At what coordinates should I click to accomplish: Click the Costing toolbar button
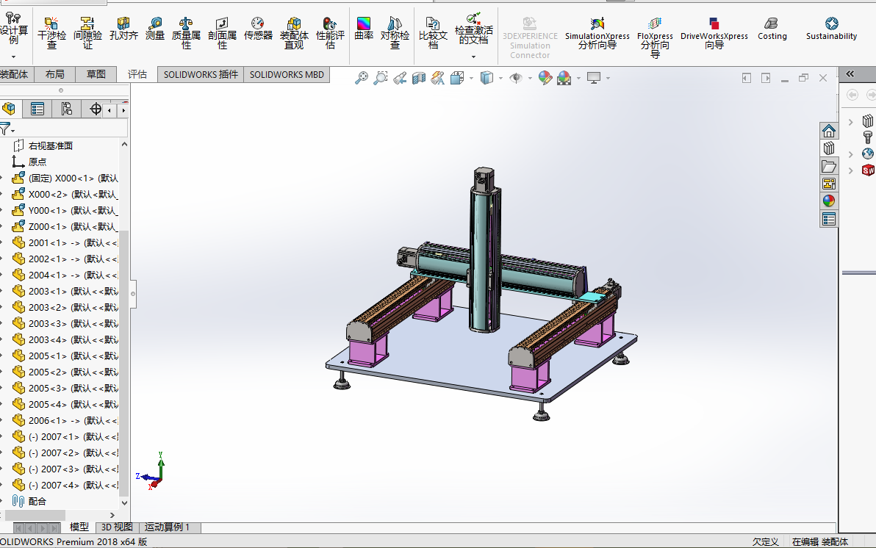pyautogui.click(x=772, y=29)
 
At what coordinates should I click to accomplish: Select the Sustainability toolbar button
pyautogui.click(x=831, y=29)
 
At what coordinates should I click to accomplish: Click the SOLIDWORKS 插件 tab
pyautogui.click(x=201, y=74)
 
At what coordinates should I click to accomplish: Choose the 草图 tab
pyautogui.click(x=96, y=74)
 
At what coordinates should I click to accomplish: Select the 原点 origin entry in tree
pyautogui.click(x=37, y=162)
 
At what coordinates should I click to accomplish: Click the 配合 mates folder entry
pyautogui.click(x=37, y=501)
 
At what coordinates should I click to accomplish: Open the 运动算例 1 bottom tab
pyautogui.click(x=167, y=527)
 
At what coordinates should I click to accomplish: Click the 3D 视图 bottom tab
pyautogui.click(x=117, y=527)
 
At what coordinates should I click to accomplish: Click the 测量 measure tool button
pyautogui.click(x=155, y=29)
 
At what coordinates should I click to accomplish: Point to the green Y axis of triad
pyautogui.click(x=160, y=463)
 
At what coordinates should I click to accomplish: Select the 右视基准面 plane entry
pyautogui.click(x=50, y=145)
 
